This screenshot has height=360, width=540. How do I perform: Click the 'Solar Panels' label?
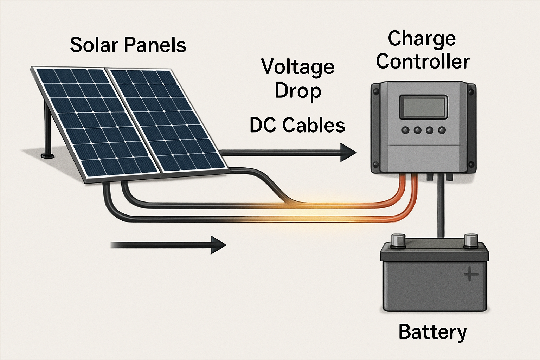point(128,45)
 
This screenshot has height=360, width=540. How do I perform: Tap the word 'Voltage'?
point(297,67)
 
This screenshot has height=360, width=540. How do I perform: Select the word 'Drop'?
point(297,91)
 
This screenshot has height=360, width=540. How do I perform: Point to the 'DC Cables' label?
point(297,125)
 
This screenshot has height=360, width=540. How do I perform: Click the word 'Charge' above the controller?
point(422,39)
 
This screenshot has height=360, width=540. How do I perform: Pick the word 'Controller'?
point(423,62)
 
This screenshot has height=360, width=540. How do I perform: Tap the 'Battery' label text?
point(432,332)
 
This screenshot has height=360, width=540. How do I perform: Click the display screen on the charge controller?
point(423,107)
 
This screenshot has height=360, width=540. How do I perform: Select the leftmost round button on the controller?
point(406,130)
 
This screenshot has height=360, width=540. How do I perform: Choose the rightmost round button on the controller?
point(442,130)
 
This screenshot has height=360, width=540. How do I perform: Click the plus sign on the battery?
point(471,274)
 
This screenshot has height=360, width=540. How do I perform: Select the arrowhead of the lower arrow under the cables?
point(218,245)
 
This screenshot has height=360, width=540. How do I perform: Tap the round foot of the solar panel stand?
point(47,155)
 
